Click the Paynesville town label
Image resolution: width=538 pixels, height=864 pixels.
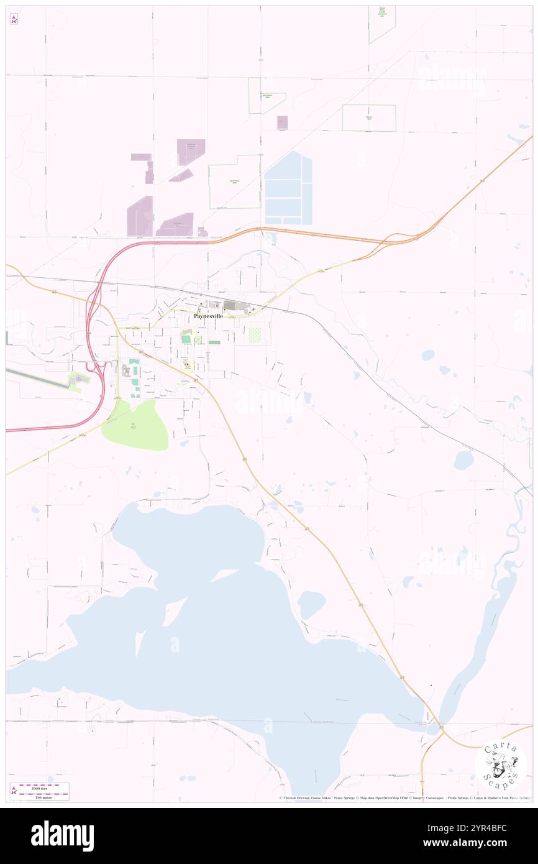(208, 316)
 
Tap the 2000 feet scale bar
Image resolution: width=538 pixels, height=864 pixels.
(43, 787)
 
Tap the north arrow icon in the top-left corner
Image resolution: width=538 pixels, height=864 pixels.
(14, 19)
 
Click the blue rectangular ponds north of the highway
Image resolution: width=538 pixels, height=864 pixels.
(288, 189)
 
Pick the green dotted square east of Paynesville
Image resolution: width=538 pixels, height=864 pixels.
(255, 335)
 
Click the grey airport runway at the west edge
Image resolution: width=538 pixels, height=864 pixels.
(37, 378)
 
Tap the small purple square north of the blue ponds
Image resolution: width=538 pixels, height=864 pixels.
(282, 122)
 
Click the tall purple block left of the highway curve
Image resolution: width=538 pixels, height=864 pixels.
(140, 216)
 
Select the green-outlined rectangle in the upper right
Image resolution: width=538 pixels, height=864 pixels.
(368, 117)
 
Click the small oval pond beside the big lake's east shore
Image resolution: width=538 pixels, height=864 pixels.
(311, 604)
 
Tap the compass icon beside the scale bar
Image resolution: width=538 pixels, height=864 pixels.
(14, 790)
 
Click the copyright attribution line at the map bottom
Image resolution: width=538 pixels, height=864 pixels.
(404, 797)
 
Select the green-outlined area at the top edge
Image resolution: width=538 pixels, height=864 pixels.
(381, 23)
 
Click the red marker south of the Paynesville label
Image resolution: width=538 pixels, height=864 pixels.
(186, 365)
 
